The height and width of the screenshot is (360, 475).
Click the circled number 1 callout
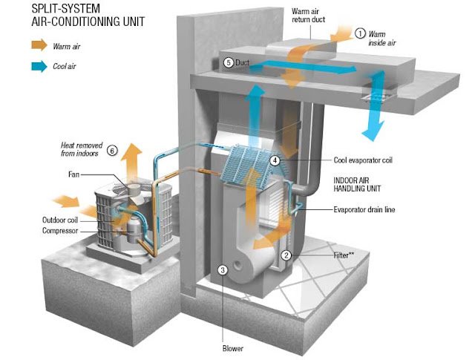coord(361,33)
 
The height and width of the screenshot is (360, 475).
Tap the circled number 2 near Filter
coord(285,255)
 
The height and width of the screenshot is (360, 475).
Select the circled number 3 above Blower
coord(221,269)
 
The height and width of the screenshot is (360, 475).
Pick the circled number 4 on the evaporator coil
coord(275,160)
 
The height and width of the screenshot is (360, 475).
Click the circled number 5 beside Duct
coord(229,63)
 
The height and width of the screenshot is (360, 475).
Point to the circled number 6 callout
coord(112,150)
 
